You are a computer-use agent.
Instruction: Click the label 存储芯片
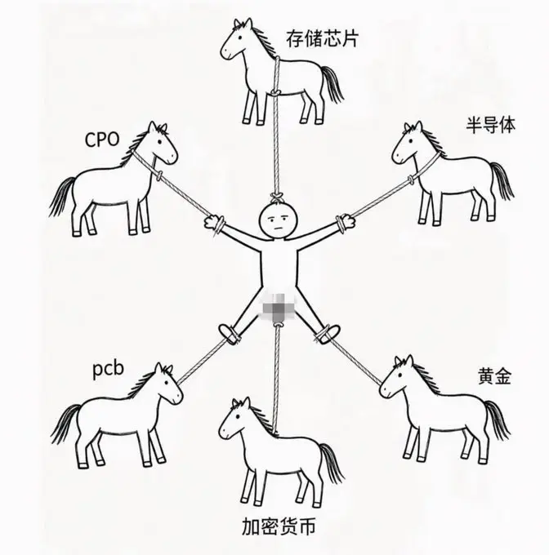(x=323, y=38)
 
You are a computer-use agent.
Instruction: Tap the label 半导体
(x=490, y=125)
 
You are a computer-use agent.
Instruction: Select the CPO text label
(x=102, y=140)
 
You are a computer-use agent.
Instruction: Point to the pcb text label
(x=109, y=370)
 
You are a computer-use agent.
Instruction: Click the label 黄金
(x=494, y=376)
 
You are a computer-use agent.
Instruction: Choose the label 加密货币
(x=279, y=526)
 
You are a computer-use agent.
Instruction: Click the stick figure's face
(x=278, y=220)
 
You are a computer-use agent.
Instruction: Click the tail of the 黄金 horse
(x=498, y=420)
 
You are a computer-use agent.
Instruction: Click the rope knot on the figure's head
(x=277, y=198)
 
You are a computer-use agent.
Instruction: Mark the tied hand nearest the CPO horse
(x=215, y=223)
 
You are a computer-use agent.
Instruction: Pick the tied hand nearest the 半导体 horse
(x=346, y=222)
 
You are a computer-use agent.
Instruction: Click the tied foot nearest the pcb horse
(x=229, y=333)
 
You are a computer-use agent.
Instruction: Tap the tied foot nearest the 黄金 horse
(x=328, y=334)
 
